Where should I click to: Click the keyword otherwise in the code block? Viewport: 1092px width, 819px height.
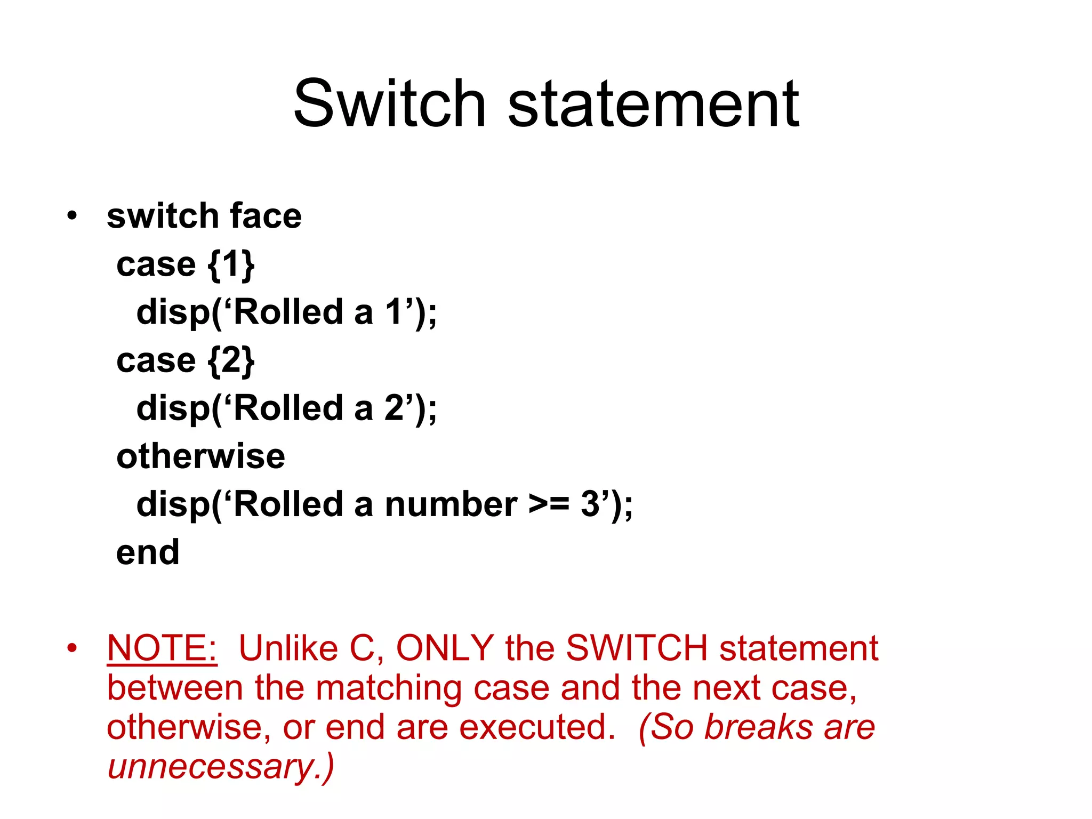[x=200, y=456]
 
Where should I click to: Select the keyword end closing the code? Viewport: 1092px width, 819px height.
[x=148, y=552]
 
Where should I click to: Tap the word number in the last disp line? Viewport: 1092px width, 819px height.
[x=451, y=504]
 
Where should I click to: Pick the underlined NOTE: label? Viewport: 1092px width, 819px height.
[x=162, y=648]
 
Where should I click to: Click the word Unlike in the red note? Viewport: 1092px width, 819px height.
[x=288, y=648]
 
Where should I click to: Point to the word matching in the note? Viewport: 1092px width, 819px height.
[x=389, y=688]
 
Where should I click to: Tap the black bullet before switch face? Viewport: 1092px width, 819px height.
[x=72, y=216]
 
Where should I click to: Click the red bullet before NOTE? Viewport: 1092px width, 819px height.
[x=72, y=649]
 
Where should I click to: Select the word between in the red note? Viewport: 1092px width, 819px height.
[x=175, y=688]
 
